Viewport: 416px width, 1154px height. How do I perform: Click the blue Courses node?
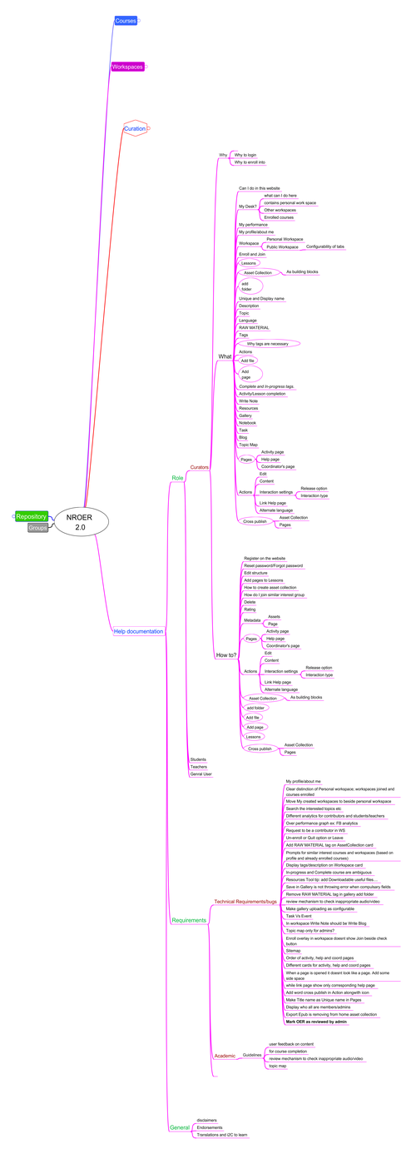[x=126, y=20]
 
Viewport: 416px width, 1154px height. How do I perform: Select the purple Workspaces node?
[x=128, y=67]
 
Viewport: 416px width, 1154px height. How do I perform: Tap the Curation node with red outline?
[x=135, y=129]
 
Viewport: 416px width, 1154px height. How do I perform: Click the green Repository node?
[x=32, y=516]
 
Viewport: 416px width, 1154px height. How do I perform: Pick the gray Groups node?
[x=37, y=528]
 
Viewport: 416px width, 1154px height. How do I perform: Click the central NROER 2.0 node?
[x=80, y=522]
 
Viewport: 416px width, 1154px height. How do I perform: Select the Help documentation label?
[x=137, y=631]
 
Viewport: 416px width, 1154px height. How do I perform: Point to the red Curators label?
[x=200, y=468]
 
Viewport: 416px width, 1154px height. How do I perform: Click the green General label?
[x=180, y=1127]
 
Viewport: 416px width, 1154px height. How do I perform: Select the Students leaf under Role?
[x=198, y=759]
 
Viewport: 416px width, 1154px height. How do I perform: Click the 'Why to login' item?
[x=245, y=155]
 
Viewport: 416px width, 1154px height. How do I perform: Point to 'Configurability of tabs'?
[x=325, y=246]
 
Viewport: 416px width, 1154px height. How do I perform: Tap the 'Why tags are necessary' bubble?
[x=268, y=343]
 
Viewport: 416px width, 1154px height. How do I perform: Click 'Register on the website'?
[x=265, y=558]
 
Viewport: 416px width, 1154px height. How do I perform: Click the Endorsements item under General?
[x=210, y=1127]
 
